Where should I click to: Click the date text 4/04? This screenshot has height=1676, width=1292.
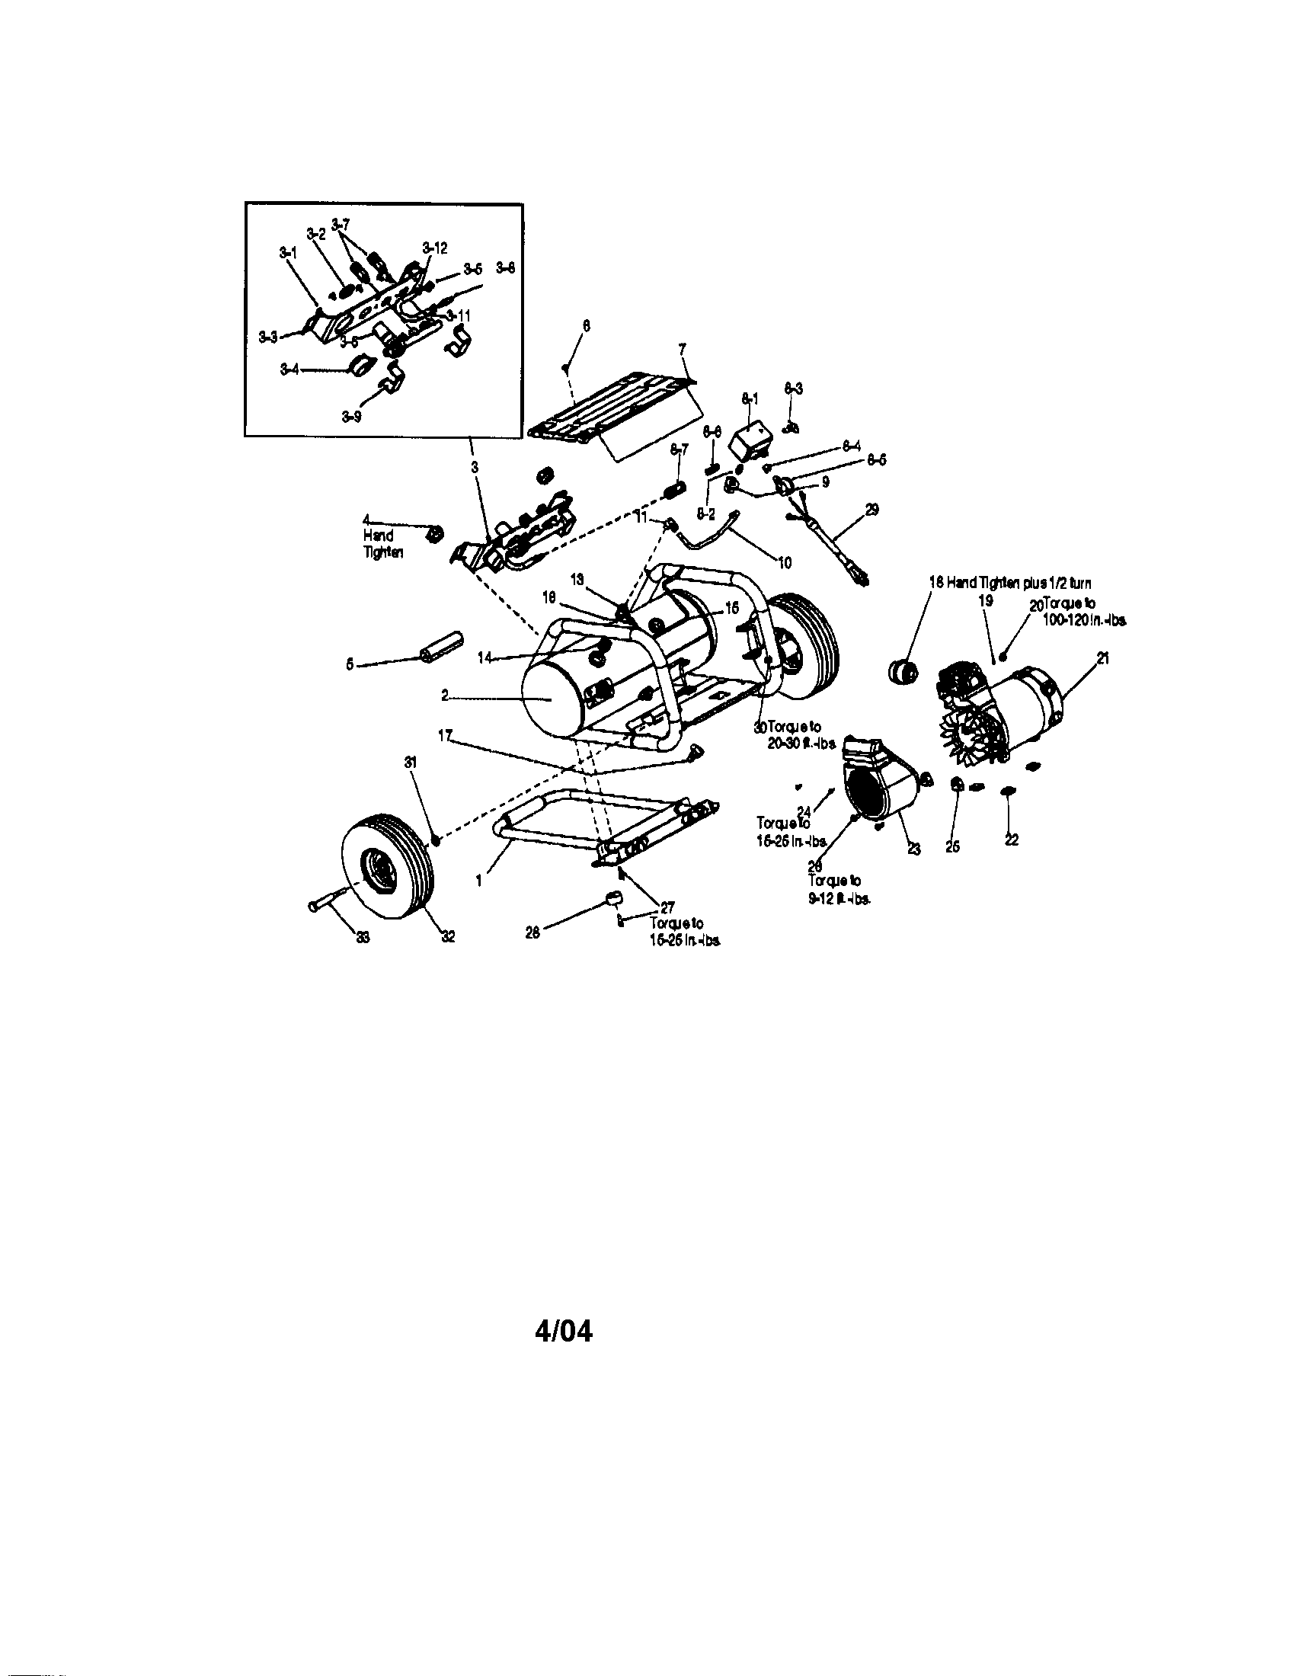pos(563,1331)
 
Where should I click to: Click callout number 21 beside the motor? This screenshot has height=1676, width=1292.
pos(1102,657)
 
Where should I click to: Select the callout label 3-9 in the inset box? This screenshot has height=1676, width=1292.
pos(351,417)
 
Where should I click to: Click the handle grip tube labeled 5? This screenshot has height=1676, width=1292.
pos(440,648)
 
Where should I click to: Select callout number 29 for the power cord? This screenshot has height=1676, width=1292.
pos(872,510)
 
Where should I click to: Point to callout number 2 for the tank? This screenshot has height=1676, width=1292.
pos(445,696)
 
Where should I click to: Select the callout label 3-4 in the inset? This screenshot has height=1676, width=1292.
pos(289,369)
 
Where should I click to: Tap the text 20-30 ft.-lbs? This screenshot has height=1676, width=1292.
pos(801,743)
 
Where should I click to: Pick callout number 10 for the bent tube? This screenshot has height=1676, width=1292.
pos(784,562)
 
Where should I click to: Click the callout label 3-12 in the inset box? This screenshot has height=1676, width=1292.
pos(434,248)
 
